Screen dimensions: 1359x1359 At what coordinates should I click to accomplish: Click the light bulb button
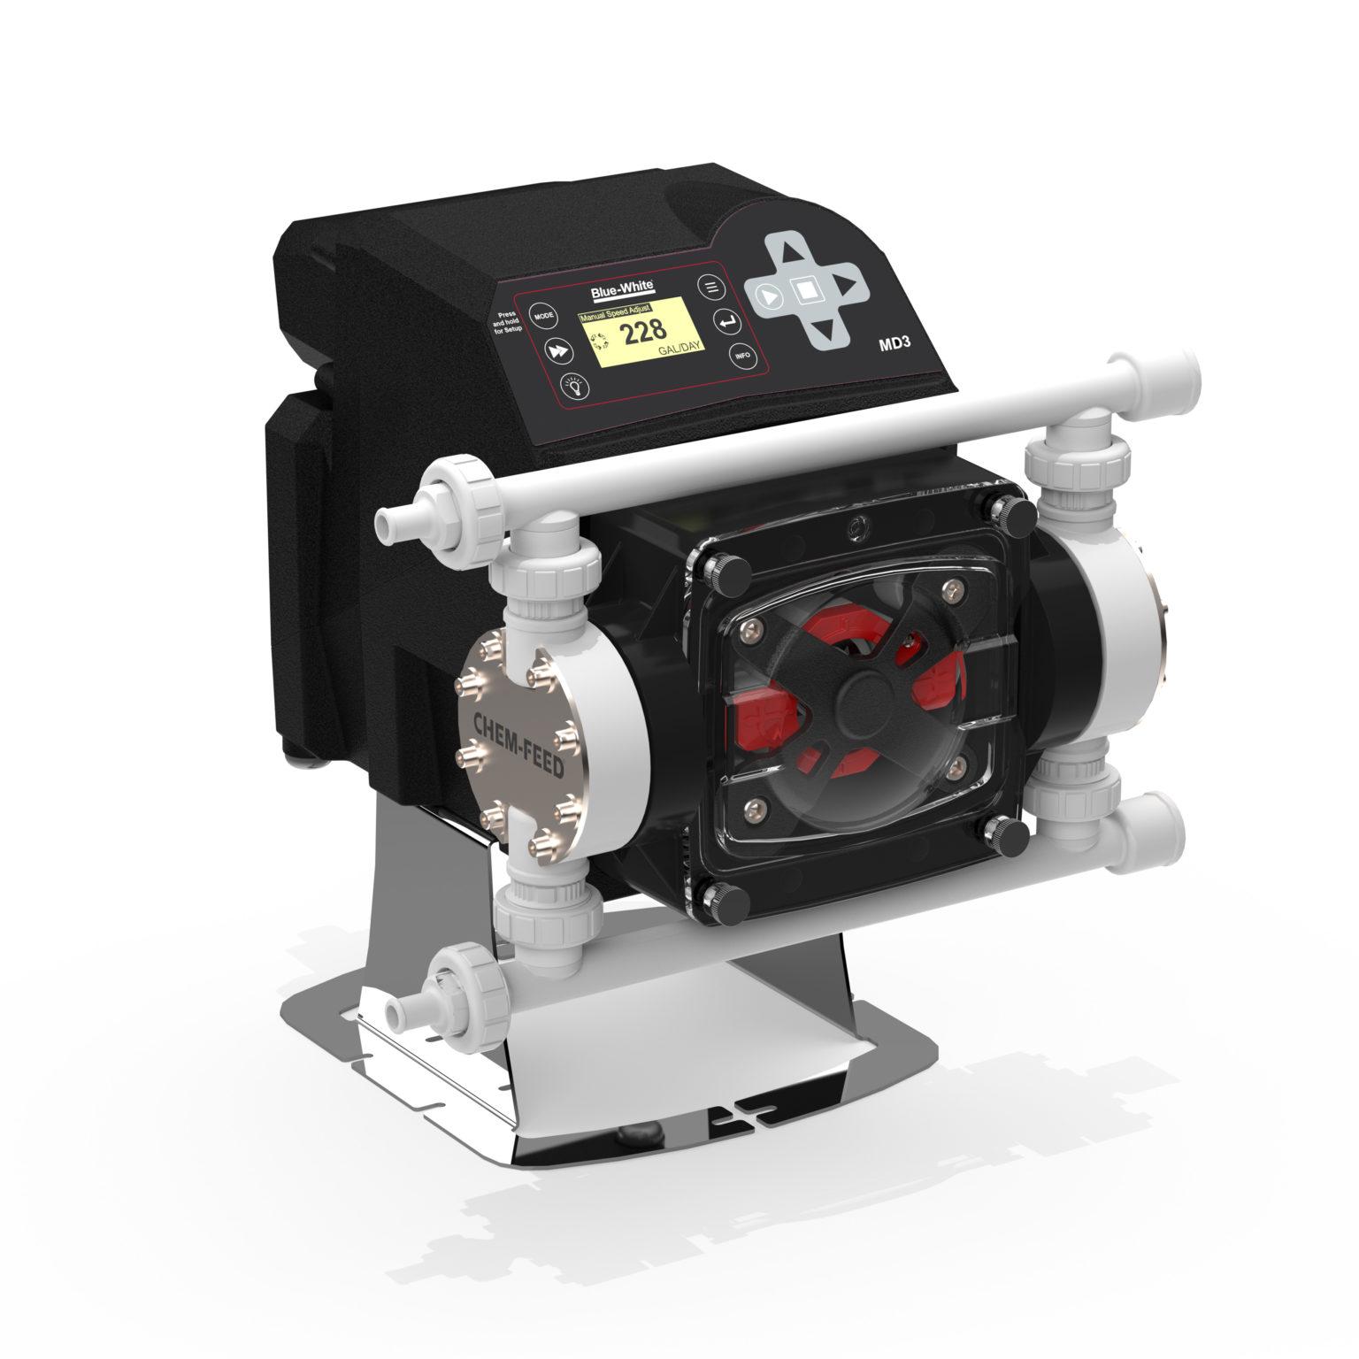click(x=578, y=386)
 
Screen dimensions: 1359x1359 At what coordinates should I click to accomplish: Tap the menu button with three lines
click(x=710, y=287)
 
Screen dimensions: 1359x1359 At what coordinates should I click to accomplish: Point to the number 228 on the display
click(x=642, y=334)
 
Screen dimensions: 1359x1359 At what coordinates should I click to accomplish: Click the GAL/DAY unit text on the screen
click(x=679, y=350)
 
